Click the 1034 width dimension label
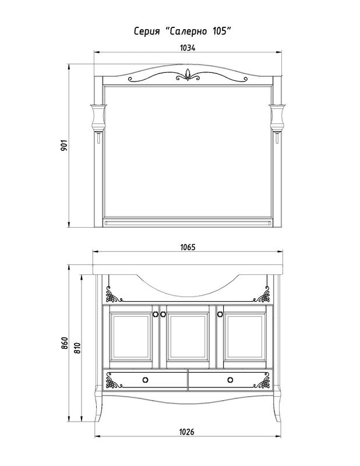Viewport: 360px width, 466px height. pos(188,48)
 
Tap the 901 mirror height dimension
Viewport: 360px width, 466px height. pos(64,145)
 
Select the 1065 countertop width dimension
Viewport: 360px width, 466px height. pos(188,247)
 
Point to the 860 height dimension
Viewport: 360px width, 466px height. pos(65,343)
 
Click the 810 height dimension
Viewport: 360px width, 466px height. pos(77,348)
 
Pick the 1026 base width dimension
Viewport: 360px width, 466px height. pos(186,432)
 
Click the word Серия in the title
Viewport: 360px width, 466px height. pos(147,31)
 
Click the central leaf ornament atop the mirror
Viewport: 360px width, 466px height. pos(188,75)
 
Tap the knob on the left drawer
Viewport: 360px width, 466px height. pos(146,380)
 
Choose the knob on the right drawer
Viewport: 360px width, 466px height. pos(230,380)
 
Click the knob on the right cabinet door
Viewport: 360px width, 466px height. pos(220,314)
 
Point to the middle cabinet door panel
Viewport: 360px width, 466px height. pos(188,337)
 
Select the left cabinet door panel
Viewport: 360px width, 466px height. pos(130,337)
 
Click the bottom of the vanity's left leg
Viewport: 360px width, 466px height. pos(97,420)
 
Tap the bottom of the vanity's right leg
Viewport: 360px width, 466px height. pos(278,420)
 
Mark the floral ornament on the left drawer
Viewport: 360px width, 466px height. pos(113,381)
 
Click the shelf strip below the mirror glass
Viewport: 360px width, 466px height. pos(188,223)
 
